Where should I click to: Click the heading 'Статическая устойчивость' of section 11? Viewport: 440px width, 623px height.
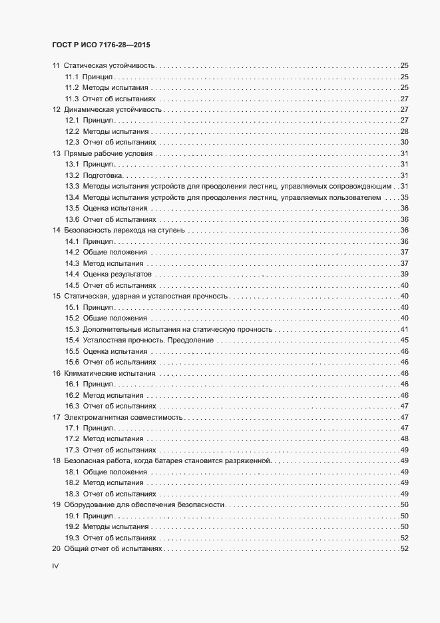click(x=110, y=66)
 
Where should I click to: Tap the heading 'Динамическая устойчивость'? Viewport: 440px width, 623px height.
click(x=113, y=109)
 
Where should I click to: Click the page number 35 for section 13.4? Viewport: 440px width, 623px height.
click(x=403, y=197)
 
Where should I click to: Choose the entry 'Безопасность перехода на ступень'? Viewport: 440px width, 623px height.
click(x=124, y=230)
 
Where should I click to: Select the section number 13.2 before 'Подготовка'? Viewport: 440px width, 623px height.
click(x=73, y=175)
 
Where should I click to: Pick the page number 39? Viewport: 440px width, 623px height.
click(x=403, y=274)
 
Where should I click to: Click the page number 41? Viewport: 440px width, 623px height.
click(x=403, y=329)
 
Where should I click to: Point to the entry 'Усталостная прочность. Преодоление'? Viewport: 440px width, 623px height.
click(x=148, y=340)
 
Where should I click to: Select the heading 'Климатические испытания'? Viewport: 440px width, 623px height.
click(x=110, y=373)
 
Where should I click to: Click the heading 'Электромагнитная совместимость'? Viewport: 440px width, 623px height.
click(x=123, y=416)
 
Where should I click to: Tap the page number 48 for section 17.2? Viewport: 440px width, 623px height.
click(x=403, y=438)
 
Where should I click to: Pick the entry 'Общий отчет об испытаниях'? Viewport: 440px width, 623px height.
click(x=112, y=548)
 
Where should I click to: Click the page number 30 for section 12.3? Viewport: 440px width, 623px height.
click(x=403, y=142)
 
